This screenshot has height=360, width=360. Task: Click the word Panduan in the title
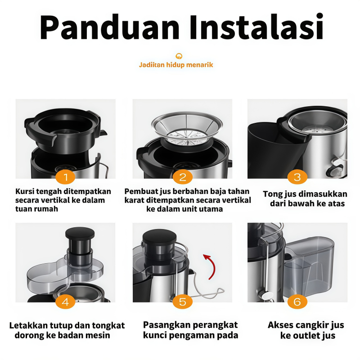pyautogui.click(x=110, y=27)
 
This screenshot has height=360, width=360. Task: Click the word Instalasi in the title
pyautogui.click(x=256, y=27)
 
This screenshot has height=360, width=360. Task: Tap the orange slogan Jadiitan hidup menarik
pyautogui.click(x=176, y=65)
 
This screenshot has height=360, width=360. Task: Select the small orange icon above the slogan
pyautogui.click(x=179, y=56)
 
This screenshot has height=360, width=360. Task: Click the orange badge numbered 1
pyautogui.click(x=65, y=177)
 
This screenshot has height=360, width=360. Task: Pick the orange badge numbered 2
pyautogui.click(x=183, y=177)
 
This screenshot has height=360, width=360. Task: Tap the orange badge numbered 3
pyautogui.click(x=297, y=177)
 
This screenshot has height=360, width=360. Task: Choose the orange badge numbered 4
pyautogui.click(x=65, y=301)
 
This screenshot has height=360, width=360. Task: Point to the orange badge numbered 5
pyautogui.click(x=183, y=301)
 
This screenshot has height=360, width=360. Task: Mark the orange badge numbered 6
pyautogui.click(x=297, y=301)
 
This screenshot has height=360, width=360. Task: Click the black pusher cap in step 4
pyautogui.click(x=80, y=233)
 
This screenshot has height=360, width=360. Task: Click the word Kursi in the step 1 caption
pyautogui.click(x=24, y=191)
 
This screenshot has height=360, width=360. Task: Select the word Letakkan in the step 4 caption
pyautogui.click(x=28, y=325)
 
